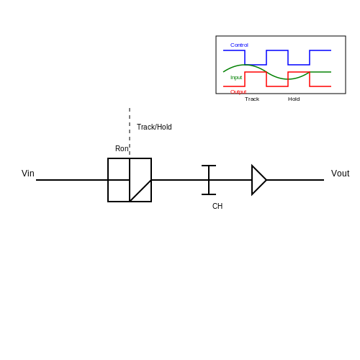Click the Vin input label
click(x=28, y=174)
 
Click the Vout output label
click(x=340, y=174)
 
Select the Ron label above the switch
click(x=122, y=148)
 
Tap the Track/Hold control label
click(x=154, y=127)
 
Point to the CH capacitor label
click(x=217, y=206)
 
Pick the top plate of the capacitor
click(x=209, y=166)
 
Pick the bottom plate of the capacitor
click(x=209, y=194)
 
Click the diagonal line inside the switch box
click(x=140, y=191)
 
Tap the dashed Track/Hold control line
click(x=130, y=131)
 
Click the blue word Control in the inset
click(x=239, y=45)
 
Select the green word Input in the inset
click(x=236, y=78)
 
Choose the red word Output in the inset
click(x=238, y=91)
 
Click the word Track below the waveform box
click(x=252, y=99)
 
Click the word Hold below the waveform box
click(x=294, y=99)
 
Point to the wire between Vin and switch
click(x=72, y=180)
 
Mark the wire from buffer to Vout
click(x=295, y=180)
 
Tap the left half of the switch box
click(x=119, y=180)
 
